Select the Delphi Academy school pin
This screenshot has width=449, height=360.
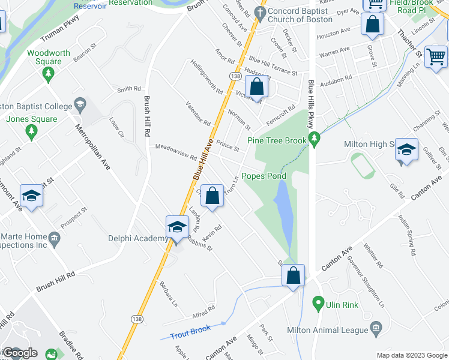pos(176,228)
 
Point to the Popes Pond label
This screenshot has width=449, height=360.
pos(264,176)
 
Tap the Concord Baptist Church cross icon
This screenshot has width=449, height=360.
pos(259,11)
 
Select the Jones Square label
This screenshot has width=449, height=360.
pos(32,119)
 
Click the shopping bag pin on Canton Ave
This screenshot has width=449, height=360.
pos(294,276)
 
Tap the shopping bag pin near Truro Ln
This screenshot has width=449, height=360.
pos(212,196)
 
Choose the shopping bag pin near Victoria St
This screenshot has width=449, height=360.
pos(256,88)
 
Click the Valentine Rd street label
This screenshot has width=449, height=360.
pos(198,114)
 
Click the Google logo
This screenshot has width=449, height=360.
pos(20,353)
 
